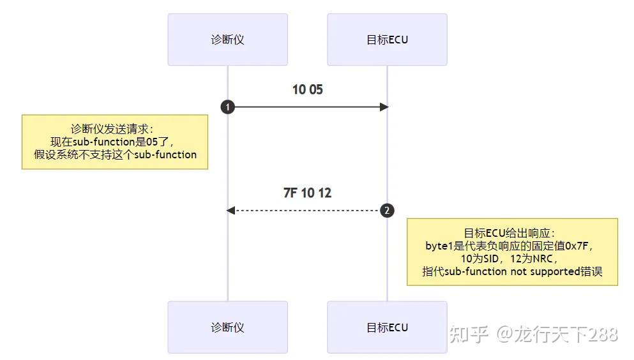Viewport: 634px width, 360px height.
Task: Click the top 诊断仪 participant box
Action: (227, 40)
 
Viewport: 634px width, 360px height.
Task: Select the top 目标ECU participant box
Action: (387, 40)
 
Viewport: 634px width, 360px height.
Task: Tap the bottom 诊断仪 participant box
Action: (227, 327)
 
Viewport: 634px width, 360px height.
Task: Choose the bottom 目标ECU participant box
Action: (387, 327)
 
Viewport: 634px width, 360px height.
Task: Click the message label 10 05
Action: (307, 90)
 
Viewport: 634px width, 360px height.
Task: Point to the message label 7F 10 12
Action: (307, 193)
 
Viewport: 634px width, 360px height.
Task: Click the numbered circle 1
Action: (227, 107)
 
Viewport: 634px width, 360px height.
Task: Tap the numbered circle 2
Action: (387, 210)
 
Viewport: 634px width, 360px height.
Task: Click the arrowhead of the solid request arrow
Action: (384, 107)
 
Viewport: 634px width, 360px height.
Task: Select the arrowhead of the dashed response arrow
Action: (231, 210)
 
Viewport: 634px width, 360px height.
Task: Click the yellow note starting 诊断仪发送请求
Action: (115, 142)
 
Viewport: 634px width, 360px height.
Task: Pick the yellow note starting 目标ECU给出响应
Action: (512, 251)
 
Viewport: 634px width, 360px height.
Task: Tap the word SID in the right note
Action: (488, 259)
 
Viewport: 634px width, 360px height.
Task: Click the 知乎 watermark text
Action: (469, 334)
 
